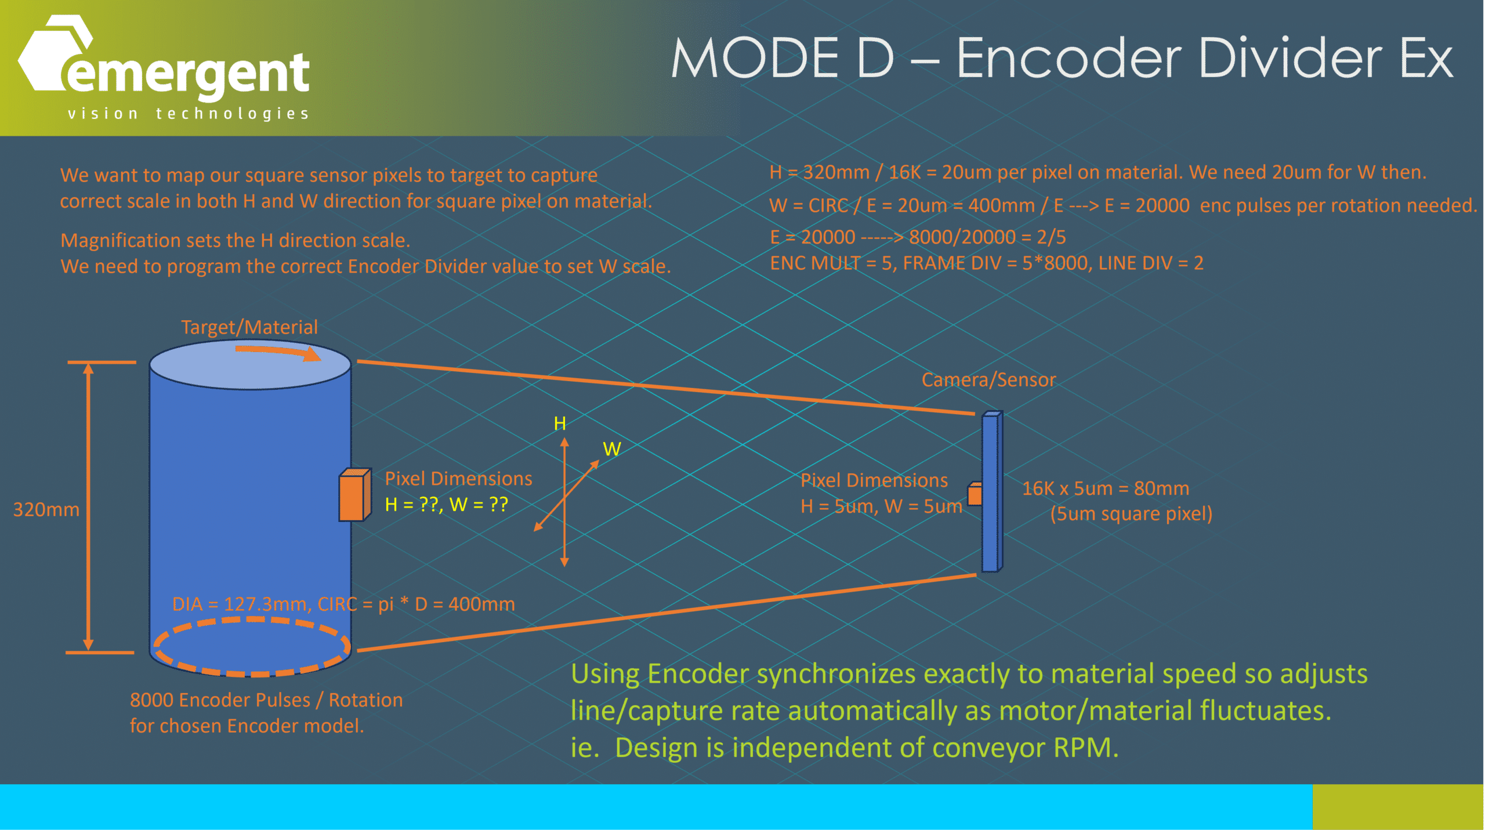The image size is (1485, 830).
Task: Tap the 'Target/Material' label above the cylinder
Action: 249,327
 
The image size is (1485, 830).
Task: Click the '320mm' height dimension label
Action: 46,510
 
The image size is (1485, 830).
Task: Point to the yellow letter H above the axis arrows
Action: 560,423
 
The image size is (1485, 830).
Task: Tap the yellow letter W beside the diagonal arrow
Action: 612,449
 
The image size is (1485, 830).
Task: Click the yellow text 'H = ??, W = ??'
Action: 446,505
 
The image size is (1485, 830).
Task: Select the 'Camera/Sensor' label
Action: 988,380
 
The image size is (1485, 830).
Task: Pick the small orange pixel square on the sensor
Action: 975,494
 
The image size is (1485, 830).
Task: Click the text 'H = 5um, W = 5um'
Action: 881,506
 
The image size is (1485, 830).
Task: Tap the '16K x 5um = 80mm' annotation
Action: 1105,488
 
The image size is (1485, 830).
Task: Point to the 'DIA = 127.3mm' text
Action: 241,604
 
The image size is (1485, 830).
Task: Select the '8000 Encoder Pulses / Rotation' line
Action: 266,700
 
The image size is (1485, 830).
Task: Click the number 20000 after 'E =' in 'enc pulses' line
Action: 1162,205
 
